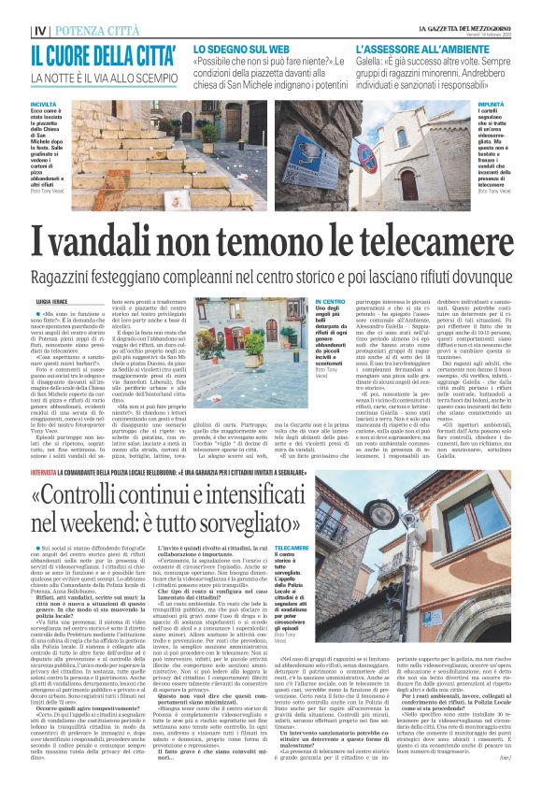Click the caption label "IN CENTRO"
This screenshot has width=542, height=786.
point(330,302)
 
